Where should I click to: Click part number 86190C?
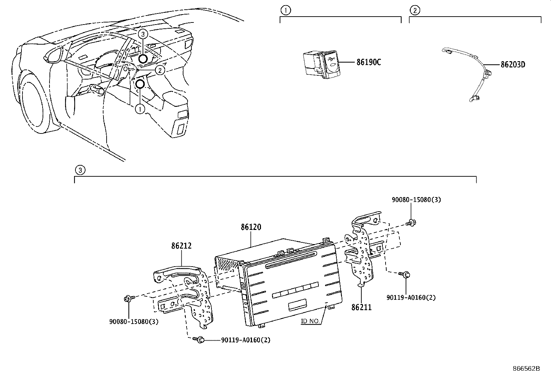click(369, 63)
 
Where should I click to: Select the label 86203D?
click(513, 65)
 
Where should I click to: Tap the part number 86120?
click(251, 227)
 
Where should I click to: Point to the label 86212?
click(181, 246)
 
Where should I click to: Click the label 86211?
click(361, 307)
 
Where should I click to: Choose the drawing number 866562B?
click(526, 368)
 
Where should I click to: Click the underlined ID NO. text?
click(310, 321)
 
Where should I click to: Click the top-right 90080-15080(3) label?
click(416, 200)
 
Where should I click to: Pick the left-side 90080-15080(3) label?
click(134, 322)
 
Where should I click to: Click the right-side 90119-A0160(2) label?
click(411, 297)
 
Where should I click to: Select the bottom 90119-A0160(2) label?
click(246, 340)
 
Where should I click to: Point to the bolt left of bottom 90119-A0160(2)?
click(199, 340)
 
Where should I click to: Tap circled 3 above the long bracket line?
click(80, 170)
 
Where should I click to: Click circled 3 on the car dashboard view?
click(143, 34)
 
